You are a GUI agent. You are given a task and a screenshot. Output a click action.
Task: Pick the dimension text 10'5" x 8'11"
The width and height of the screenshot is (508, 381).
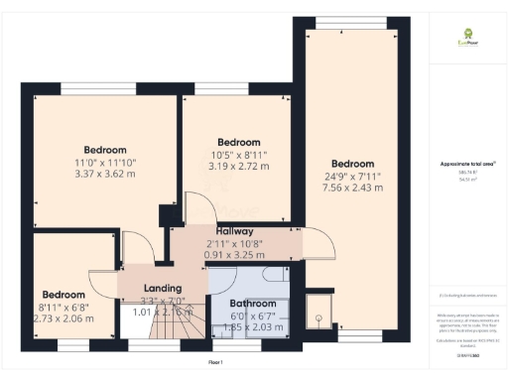coord(238,154)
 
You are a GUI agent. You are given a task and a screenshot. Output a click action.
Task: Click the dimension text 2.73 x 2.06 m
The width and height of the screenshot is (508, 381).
coord(63,318)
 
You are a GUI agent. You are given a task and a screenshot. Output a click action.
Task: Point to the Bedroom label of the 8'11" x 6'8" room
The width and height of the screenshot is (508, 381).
coord(63,295)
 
